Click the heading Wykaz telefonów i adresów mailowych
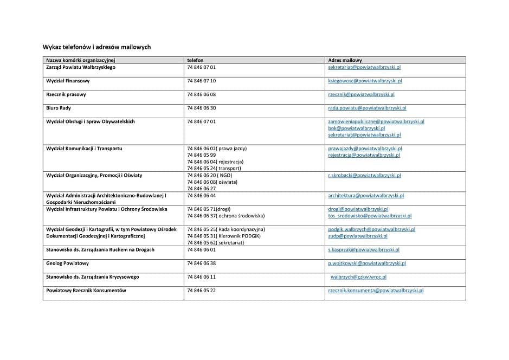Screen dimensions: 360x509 (96, 47)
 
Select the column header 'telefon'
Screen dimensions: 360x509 (195, 60)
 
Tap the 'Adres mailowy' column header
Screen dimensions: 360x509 (345, 60)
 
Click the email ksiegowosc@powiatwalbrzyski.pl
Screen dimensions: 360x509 (365, 81)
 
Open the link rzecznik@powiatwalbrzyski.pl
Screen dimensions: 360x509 (361, 94)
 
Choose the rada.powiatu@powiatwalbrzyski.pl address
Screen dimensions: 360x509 (367, 108)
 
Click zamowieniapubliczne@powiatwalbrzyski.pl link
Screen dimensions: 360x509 (376, 121)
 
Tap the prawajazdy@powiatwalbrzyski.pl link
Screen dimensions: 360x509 (365, 149)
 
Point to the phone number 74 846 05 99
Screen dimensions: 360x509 (201, 155)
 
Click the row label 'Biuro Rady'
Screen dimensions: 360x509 (59, 108)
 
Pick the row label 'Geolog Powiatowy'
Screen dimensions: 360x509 (67, 263)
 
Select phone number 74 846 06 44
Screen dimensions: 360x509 (201, 196)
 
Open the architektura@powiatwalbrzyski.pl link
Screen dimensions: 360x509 (366, 196)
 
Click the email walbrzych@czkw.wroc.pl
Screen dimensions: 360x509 (358, 277)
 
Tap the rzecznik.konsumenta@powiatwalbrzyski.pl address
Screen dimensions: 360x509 (376, 291)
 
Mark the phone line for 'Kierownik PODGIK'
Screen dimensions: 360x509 (224, 236)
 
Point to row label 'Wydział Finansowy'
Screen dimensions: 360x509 (68, 81)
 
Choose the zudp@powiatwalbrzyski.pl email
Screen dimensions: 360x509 (358, 236)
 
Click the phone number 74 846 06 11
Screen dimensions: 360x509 (201, 277)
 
